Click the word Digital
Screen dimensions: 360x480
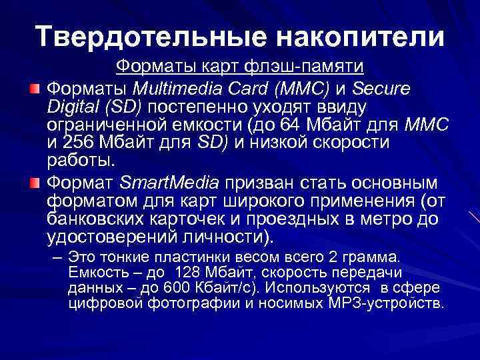click(70, 107)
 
